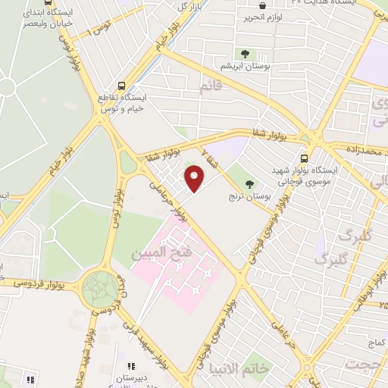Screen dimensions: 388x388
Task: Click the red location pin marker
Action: [196, 180]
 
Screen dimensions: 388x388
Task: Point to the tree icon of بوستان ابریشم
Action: [246, 53]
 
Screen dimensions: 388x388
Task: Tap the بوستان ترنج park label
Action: [250, 196]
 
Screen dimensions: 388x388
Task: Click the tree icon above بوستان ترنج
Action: [250, 183]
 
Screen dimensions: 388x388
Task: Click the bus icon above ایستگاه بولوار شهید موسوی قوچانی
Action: [304, 158]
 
